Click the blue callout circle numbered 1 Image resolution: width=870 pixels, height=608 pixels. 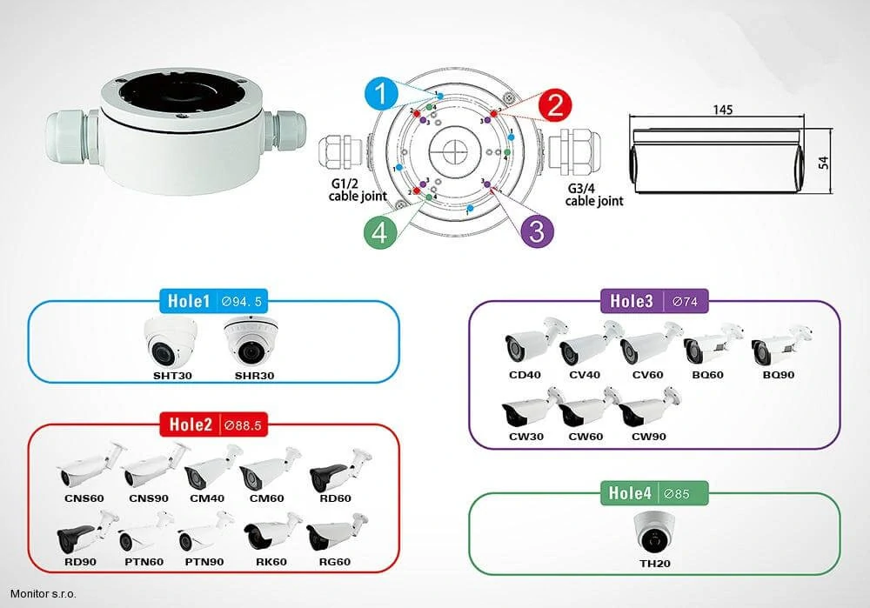(382, 93)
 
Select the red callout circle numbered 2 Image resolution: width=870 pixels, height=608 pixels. (555, 105)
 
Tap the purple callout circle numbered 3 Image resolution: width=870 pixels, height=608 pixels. (537, 231)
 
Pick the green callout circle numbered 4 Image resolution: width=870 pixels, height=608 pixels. (381, 232)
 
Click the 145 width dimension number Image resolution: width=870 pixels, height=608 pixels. (722, 110)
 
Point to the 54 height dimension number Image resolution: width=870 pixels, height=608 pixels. (823, 163)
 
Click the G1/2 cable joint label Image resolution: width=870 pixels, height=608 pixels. (358, 190)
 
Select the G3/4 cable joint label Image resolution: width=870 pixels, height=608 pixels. (594, 195)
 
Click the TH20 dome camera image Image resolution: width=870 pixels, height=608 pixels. (655, 532)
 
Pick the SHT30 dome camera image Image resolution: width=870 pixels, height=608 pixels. (171, 343)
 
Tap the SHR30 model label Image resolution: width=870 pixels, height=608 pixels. (254, 376)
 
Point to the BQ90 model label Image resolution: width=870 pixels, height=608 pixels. (779, 374)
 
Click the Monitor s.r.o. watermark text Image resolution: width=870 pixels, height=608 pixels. (43, 594)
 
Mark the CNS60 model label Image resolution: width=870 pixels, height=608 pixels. (84, 498)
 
